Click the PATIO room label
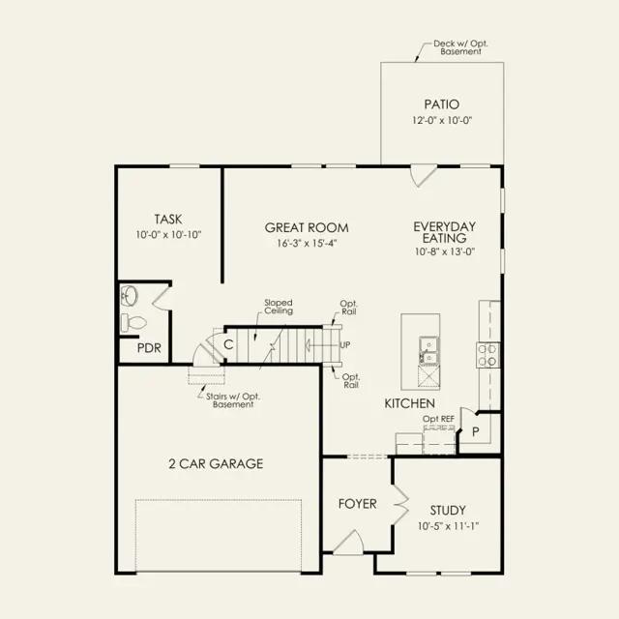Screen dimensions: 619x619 (x=442, y=104)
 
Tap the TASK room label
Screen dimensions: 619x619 (x=168, y=220)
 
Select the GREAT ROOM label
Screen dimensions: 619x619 (x=307, y=228)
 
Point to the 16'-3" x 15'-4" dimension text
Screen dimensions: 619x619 (x=307, y=243)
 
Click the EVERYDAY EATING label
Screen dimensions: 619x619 (x=445, y=232)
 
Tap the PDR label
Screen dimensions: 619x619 (x=149, y=348)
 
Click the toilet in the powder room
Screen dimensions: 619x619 (x=133, y=323)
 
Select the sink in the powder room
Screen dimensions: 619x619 (x=129, y=295)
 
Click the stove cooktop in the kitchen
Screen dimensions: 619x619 (x=487, y=355)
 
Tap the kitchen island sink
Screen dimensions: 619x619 (x=428, y=350)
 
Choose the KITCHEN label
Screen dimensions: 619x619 (x=410, y=403)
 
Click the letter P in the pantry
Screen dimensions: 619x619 (x=476, y=432)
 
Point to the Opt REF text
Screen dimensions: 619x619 (x=438, y=419)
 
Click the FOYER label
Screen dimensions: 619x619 (x=357, y=504)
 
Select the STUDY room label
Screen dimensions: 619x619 (x=448, y=511)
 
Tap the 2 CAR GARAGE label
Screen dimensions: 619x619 (x=216, y=464)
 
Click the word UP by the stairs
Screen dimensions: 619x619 (x=345, y=345)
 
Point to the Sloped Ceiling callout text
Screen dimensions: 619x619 (x=279, y=307)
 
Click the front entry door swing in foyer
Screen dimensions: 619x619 (x=349, y=542)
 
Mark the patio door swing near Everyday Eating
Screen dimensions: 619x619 (x=424, y=176)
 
